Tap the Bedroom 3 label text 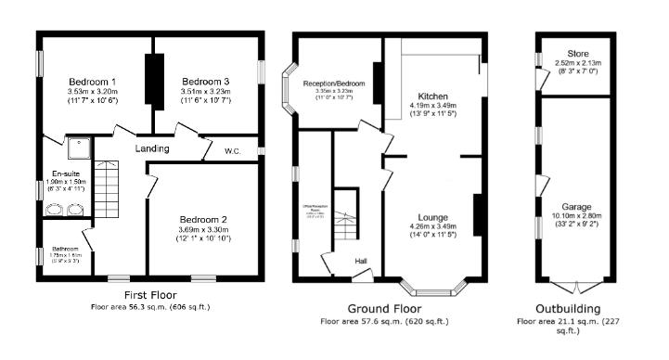click(x=205, y=81)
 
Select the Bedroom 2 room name click(x=204, y=219)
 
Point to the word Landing click(x=151, y=148)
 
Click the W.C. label click(x=233, y=150)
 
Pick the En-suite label click(x=64, y=174)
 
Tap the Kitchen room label click(x=434, y=96)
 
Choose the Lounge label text click(x=432, y=215)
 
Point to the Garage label click(x=576, y=206)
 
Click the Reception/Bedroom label click(x=334, y=83)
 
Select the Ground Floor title click(x=384, y=308)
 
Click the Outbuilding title click(x=568, y=308)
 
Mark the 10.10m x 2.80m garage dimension click(x=576, y=215)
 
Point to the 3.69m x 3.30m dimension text click(x=204, y=229)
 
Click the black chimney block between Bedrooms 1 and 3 click(x=153, y=78)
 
